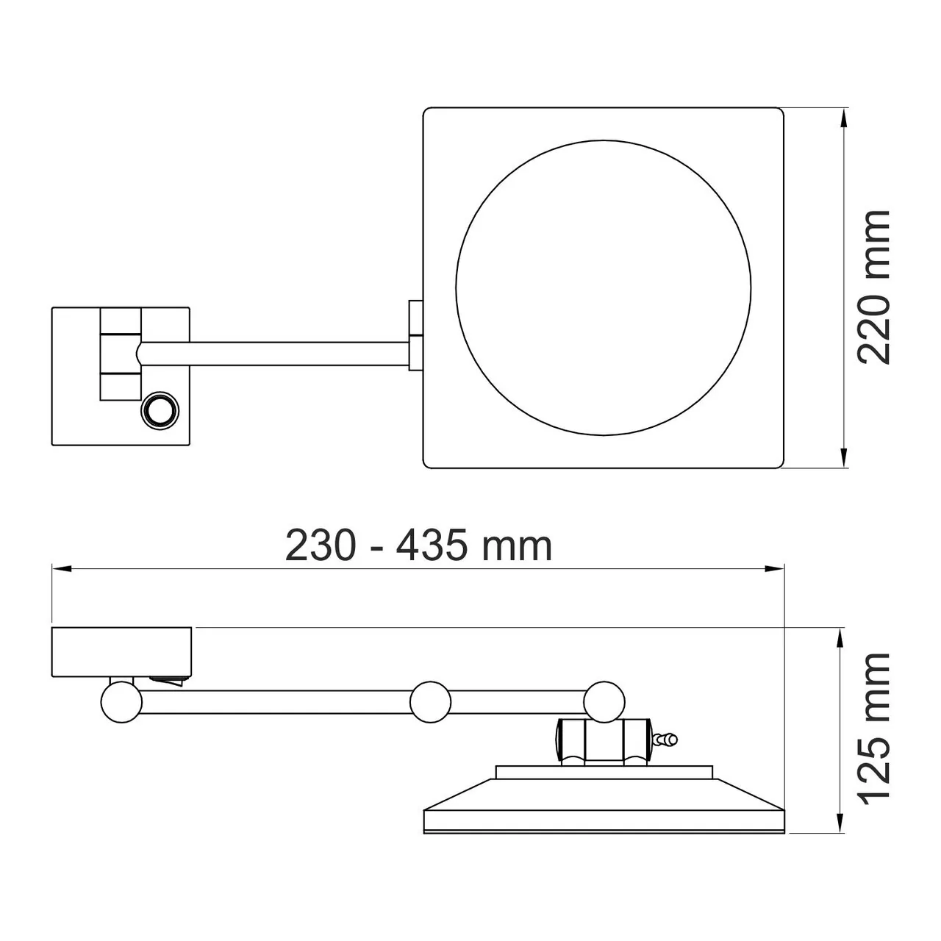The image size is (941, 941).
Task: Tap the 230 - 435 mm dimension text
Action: tap(418, 546)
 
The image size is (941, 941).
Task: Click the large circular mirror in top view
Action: tap(603, 287)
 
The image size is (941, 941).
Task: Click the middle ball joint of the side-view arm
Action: tap(430, 702)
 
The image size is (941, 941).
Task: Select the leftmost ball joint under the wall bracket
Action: tap(121, 702)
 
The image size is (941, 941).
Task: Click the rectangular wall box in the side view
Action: tap(122, 651)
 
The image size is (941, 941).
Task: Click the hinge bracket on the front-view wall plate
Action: tap(120, 354)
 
